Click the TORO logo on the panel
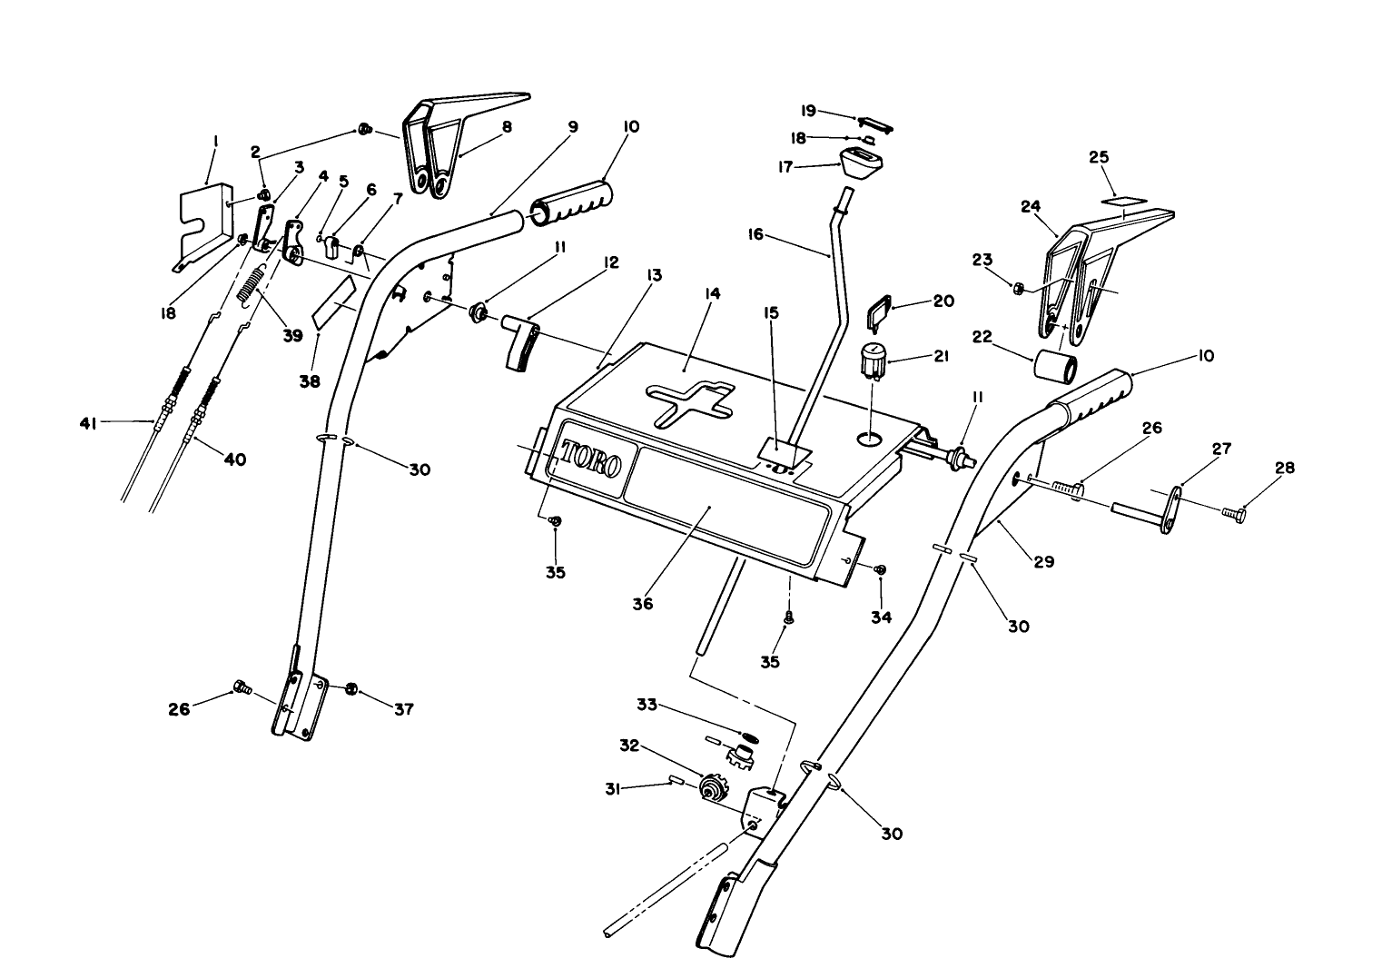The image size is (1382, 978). [591, 459]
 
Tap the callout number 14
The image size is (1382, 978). [712, 293]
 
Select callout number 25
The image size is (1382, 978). [1100, 157]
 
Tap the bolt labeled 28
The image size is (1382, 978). [1230, 515]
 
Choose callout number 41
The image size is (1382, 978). [87, 422]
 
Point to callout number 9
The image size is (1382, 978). [572, 127]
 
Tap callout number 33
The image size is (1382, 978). [647, 705]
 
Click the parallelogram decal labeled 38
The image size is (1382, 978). [333, 303]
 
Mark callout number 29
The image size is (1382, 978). [1043, 562]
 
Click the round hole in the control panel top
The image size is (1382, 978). [870, 440]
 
